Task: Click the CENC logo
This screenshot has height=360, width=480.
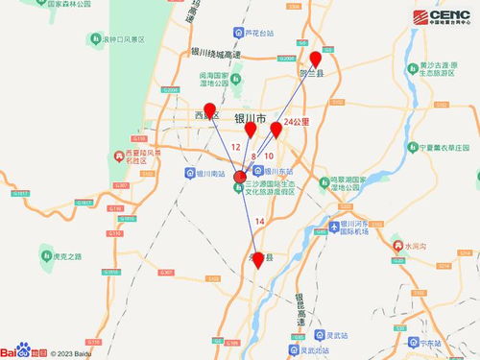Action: (x=444, y=18)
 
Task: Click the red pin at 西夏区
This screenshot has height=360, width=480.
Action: (x=210, y=110)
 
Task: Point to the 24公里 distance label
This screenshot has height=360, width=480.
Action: (x=298, y=123)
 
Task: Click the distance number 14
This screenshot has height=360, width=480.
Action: (x=259, y=222)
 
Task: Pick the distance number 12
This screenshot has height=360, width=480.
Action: (x=236, y=147)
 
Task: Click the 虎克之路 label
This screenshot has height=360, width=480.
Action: (x=67, y=255)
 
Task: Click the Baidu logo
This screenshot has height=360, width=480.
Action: (x=23, y=349)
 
